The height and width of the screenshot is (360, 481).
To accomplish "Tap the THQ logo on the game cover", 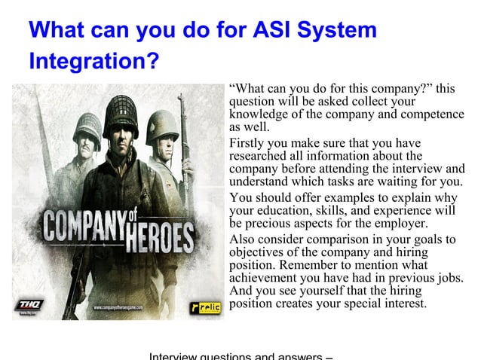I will point(32,305).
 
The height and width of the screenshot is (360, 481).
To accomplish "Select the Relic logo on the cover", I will point(204,307).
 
